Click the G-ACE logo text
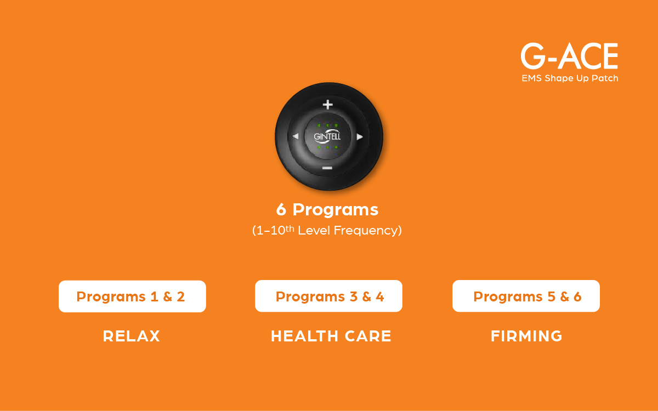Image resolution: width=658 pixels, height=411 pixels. tap(569, 56)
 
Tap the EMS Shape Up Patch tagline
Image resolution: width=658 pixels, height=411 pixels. tap(570, 78)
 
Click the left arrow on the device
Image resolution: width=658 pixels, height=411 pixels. tap(296, 136)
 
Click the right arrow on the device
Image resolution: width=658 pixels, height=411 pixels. tap(360, 137)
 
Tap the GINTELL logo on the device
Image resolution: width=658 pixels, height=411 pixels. tap(327, 136)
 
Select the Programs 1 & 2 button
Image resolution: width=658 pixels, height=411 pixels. tap(132, 296)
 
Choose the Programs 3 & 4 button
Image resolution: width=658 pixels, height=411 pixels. tap(328, 296)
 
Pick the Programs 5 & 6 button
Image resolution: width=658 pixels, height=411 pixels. tap(526, 296)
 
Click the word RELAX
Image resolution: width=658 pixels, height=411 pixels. tap(131, 336)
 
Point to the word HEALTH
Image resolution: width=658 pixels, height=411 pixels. tap(304, 336)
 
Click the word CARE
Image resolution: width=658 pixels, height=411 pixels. tap(368, 336)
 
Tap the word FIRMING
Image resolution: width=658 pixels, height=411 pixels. tap(526, 336)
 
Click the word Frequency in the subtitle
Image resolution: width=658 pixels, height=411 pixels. tap(367, 231)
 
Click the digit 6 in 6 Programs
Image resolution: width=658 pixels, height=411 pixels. tap(281, 209)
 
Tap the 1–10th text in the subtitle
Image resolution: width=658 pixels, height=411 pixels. tap(273, 230)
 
